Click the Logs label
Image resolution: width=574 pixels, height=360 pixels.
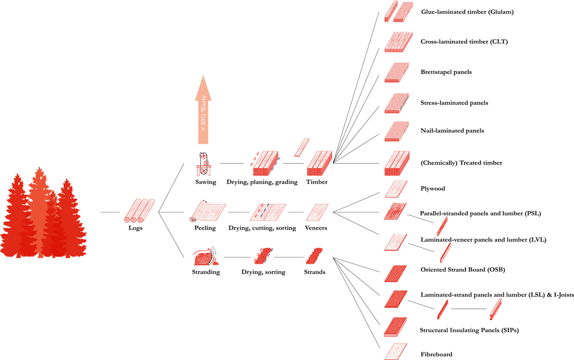tap(136, 228)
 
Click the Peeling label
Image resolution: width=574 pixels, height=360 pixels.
tap(205, 228)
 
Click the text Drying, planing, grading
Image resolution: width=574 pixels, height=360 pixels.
tap(262, 182)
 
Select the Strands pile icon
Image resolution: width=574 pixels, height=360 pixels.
tap(314, 256)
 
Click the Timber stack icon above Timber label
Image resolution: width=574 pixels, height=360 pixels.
tap(319, 164)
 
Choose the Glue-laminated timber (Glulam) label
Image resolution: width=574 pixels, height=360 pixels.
tap(467, 12)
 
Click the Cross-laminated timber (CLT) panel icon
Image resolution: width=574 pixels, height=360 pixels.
tap(395, 42)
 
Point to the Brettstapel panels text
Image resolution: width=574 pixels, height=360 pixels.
tap(446, 72)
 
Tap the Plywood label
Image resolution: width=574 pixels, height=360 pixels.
tap(433, 189)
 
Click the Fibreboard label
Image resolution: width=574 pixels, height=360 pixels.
tap(436, 354)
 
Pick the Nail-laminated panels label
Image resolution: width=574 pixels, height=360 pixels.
tap(452, 131)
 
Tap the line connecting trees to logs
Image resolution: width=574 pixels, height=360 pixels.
tap(110, 212)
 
